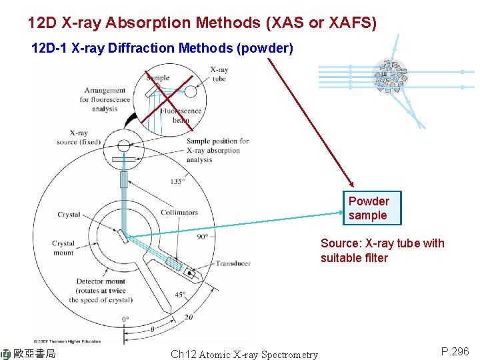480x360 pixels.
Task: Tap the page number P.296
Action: pyautogui.click(x=455, y=351)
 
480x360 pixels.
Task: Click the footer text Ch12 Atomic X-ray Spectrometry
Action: pyautogui.click(x=244, y=354)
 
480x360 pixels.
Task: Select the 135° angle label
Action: pyautogui.click(x=177, y=181)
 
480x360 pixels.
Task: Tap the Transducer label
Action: pyautogui.click(x=233, y=263)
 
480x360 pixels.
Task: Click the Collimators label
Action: pyautogui.click(x=179, y=213)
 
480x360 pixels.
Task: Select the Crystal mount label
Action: pyautogui.click(x=64, y=248)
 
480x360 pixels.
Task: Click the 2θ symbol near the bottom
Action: pyautogui.click(x=188, y=317)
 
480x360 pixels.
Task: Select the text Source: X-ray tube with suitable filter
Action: pyautogui.click(x=382, y=251)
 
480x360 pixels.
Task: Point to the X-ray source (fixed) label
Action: pyautogui.click(x=79, y=137)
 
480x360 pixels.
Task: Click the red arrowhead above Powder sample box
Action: pyautogui.click(x=352, y=187)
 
